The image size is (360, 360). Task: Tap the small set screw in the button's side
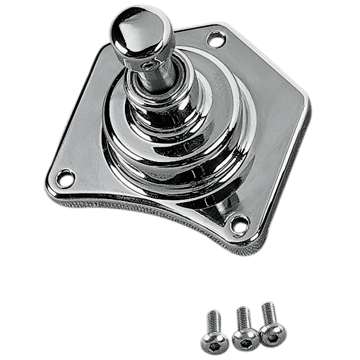146,63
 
